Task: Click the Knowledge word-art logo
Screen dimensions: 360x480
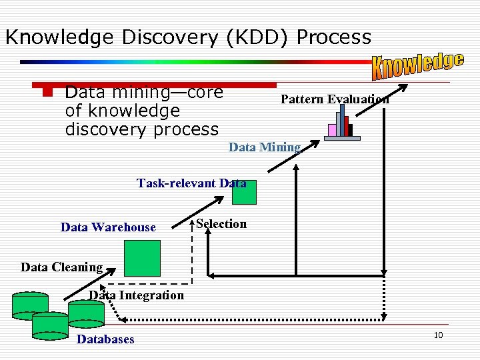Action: [418, 65]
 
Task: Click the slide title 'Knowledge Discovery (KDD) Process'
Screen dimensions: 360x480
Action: [188, 37]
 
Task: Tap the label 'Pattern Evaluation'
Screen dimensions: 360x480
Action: [335, 99]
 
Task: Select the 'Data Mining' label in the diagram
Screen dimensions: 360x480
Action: [265, 147]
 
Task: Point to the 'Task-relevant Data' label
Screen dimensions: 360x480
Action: [191, 183]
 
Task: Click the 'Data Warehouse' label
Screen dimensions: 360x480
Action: [108, 227]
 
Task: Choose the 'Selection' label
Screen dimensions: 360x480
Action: [221, 224]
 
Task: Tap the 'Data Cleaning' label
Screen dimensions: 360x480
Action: [61, 267]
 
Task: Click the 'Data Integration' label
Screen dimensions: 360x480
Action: [137, 295]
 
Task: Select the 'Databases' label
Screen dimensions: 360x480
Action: [105, 339]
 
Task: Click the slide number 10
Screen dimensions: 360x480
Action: [438, 335]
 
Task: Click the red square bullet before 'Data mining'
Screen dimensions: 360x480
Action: [47, 91]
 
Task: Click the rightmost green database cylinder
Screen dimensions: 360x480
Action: [87, 311]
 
